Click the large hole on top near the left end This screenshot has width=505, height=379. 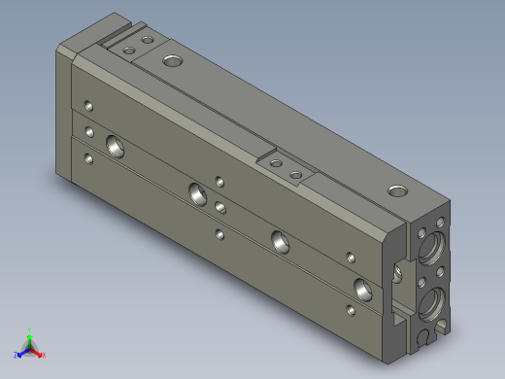tap(172, 61)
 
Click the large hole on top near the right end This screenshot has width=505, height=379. tap(396, 189)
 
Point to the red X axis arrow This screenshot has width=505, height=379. tap(40, 352)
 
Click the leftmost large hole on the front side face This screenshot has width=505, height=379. tap(116, 147)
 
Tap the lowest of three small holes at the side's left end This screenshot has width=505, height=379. tap(89, 157)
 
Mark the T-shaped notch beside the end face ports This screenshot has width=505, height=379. tap(398, 275)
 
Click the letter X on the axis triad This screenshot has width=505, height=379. tap(44, 355)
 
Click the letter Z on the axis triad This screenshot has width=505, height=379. tap(16, 355)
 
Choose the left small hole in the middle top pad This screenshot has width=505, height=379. tap(277, 162)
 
